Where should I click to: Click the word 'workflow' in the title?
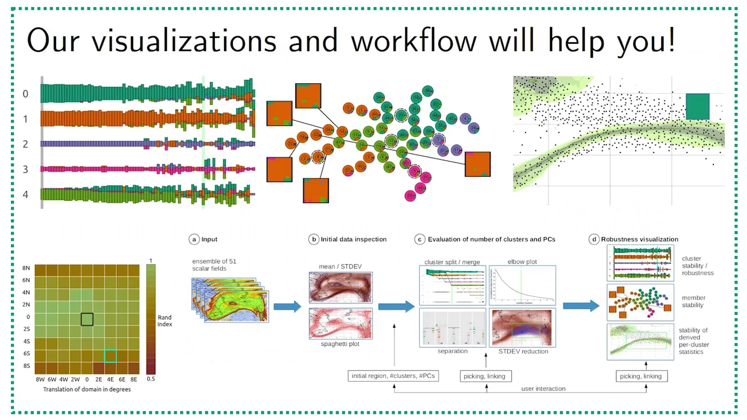click(x=413, y=41)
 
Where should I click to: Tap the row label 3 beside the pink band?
click(x=25, y=169)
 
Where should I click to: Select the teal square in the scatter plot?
click(x=697, y=107)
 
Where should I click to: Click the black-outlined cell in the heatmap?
click(x=87, y=319)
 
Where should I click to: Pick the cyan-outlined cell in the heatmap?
click(x=110, y=356)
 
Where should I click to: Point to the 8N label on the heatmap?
click(x=26, y=268)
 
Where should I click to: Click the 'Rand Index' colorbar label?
click(x=165, y=321)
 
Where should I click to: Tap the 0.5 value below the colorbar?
click(x=151, y=379)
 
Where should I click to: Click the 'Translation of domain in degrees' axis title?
click(x=87, y=389)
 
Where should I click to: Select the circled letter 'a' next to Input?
click(x=194, y=239)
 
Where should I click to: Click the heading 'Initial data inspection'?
click(x=354, y=239)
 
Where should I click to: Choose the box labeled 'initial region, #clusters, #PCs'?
click(x=394, y=376)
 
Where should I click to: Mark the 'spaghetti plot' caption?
click(x=340, y=344)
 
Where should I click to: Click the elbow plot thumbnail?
click(x=522, y=285)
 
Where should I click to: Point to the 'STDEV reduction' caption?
click(x=523, y=351)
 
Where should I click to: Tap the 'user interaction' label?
click(x=543, y=388)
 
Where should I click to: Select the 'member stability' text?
click(x=693, y=302)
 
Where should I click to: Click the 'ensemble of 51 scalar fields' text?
click(x=214, y=265)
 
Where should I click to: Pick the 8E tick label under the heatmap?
click(x=134, y=379)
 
